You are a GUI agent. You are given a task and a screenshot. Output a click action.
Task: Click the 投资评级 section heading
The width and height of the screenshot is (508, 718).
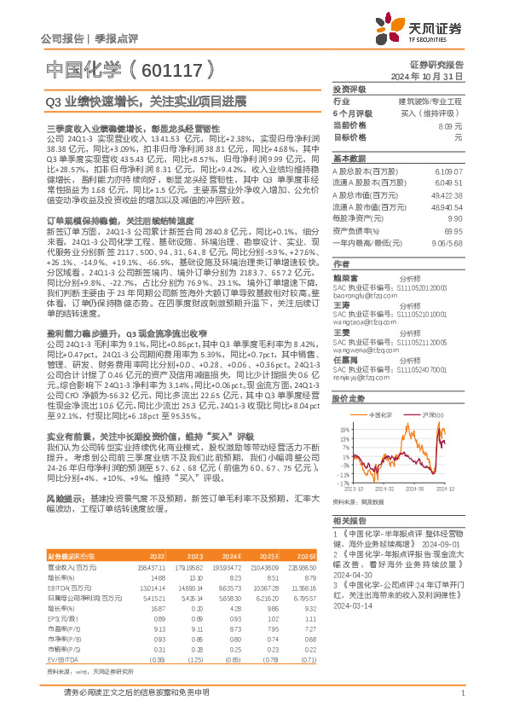349,89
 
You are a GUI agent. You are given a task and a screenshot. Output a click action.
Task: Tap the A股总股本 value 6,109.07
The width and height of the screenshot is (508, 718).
448,171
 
